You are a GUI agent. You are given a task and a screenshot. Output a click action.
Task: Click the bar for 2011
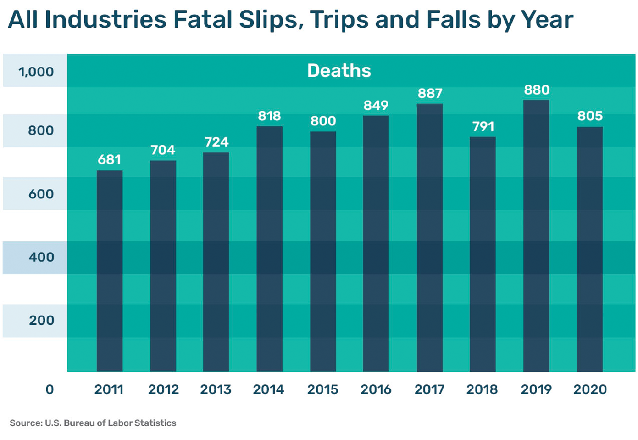tap(109, 271)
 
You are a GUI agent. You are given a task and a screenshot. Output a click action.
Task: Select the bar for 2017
tap(430, 237)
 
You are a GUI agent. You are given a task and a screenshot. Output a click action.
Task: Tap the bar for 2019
tap(536, 236)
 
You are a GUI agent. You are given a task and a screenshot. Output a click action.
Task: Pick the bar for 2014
tap(269, 248)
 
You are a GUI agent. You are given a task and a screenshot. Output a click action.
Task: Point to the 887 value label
tap(430, 94)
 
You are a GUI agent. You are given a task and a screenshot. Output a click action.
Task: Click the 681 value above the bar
tap(109, 160)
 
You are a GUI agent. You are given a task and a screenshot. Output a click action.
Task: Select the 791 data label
tap(483, 127)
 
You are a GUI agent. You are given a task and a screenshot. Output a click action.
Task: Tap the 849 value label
tap(376, 106)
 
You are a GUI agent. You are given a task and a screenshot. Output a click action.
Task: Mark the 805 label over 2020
tap(590, 116)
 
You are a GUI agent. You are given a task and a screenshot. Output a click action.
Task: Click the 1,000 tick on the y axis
tap(36, 72)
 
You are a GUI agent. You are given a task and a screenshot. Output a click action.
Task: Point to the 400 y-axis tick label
tap(41, 257)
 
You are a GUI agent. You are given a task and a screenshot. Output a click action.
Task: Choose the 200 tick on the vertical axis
tap(41, 321)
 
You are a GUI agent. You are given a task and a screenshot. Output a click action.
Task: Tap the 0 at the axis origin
tap(50, 390)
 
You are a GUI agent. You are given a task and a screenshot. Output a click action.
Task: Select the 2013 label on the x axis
tap(216, 390)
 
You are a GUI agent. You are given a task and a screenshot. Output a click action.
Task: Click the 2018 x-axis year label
tap(482, 390)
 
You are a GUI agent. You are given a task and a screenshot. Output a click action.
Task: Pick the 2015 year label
tap(322, 390)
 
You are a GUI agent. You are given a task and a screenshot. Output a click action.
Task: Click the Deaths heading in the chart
tap(339, 71)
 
